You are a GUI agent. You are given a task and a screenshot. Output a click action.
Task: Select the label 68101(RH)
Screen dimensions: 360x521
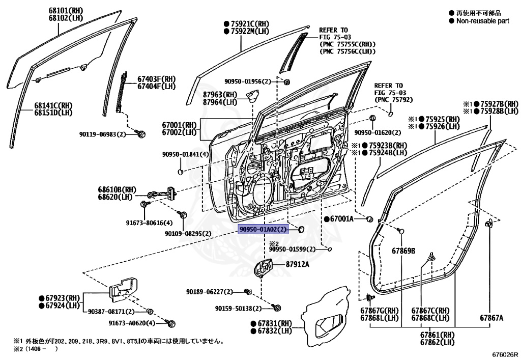pos(67,10)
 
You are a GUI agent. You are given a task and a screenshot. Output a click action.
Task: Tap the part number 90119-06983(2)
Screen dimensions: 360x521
pos(103,134)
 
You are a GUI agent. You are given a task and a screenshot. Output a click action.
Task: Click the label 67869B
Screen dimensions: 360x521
pos(403,251)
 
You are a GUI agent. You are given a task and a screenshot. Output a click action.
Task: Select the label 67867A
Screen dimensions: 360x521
pos(491,318)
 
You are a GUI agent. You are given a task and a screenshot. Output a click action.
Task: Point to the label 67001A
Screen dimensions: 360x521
pos(342,219)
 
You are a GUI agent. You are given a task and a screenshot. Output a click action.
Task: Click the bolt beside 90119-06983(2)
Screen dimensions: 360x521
pos(142,134)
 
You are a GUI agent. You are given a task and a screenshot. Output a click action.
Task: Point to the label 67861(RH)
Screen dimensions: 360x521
pos(437,335)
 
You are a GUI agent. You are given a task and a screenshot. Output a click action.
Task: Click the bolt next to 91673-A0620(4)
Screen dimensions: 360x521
pos(171,323)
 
